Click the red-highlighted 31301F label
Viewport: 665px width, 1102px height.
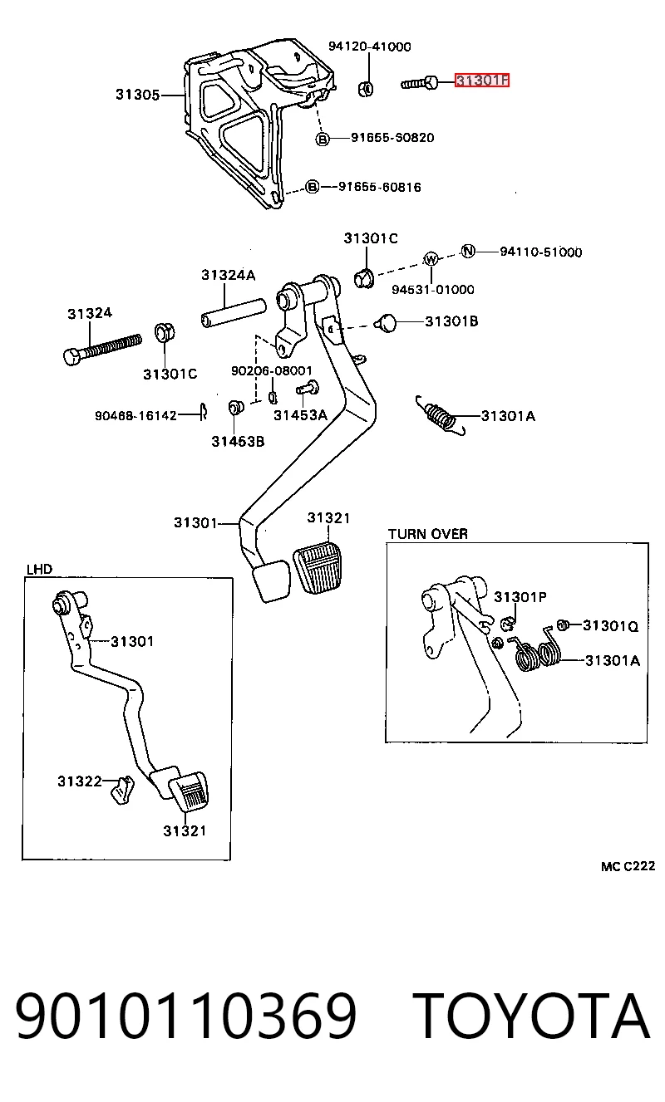click(x=481, y=80)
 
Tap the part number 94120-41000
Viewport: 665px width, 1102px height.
click(x=369, y=47)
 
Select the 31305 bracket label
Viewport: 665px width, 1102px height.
click(x=137, y=94)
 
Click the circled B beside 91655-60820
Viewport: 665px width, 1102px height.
click(x=323, y=140)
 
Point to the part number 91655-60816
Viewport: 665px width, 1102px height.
click(x=379, y=187)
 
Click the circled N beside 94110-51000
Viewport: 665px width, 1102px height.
click(x=468, y=252)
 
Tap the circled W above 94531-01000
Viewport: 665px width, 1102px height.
click(x=431, y=258)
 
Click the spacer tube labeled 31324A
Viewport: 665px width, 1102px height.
click(x=234, y=313)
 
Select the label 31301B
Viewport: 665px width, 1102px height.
click(x=451, y=321)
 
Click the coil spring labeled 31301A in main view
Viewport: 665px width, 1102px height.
click(x=441, y=416)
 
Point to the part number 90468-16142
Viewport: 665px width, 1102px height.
click(x=135, y=416)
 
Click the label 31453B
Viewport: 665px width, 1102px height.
click(x=238, y=441)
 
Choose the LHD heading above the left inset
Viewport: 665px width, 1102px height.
click(x=39, y=569)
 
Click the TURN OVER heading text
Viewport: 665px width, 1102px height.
click(x=427, y=534)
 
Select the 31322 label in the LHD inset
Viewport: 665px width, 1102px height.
click(x=79, y=781)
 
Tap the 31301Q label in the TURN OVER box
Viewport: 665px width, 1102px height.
click(x=610, y=625)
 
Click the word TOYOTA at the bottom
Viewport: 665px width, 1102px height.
click(x=530, y=1016)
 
